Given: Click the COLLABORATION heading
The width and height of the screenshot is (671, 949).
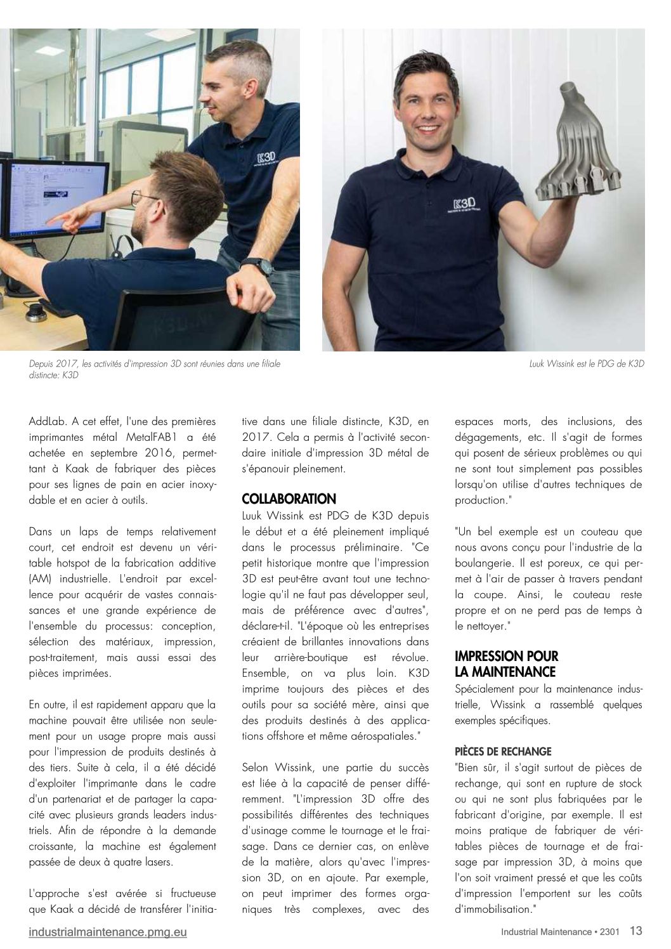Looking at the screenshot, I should pyautogui.click(x=289, y=499).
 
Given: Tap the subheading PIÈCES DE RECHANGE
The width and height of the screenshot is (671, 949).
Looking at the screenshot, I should pyautogui.click(x=503, y=752).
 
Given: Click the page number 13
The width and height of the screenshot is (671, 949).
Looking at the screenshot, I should pyautogui.click(x=635, y=931).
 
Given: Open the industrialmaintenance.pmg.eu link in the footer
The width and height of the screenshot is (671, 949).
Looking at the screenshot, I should pyautogui.click(x=108, y=932).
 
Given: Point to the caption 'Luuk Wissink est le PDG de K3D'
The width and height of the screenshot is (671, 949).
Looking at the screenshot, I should pyautogui.click(x=586, y=363).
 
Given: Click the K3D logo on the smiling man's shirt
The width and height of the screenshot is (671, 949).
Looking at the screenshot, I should pyautogui.click(x=465, y=204).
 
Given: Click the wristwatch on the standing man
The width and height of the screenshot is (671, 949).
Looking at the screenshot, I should pyautogui.click(x=256, y=265).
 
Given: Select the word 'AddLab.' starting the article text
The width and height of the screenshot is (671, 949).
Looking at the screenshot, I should pyautogui.click(x=46, y=421).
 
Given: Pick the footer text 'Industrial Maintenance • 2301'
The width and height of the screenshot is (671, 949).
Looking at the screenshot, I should pyautogui.click(x=559, y=932).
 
